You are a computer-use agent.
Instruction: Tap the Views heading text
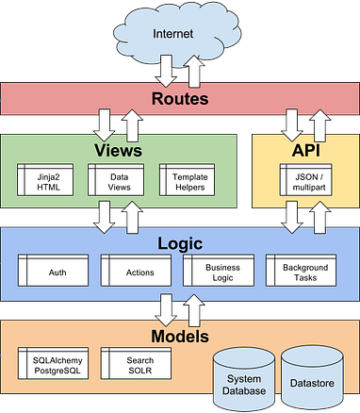[x=118, y=151]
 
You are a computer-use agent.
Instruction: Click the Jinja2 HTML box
[x=47, y=179]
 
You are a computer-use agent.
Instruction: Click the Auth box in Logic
[x=57, y=272]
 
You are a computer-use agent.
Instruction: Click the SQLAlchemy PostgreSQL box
[x=56, y=366]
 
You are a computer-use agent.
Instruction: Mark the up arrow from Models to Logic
[x=196, y=309]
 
